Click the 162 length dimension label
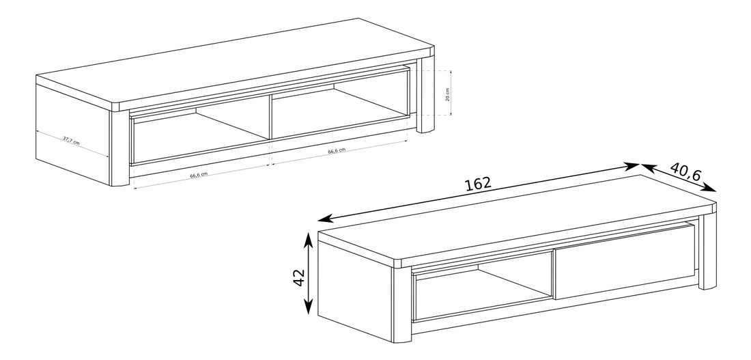tap(478, 183)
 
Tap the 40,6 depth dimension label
tap(685, 171)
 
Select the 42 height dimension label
tap(298, 277)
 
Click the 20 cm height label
tap(447, 94)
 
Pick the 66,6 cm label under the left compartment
tap(199, 175)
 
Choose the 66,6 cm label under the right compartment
tap(337, 150)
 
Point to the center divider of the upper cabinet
tap(271, 117)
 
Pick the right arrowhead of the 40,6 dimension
tap(710, 188)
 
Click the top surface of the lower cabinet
tap(518, 218)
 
